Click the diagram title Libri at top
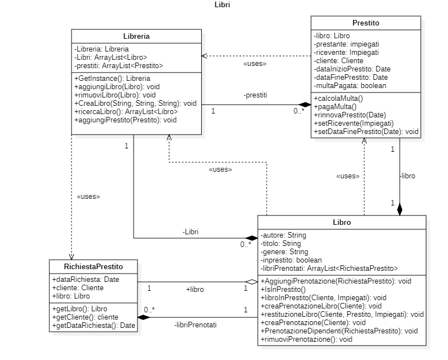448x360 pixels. tap(222, 5)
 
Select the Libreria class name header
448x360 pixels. tap(136, 37)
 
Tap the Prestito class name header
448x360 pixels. tap(365, 23)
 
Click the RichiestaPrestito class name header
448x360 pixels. tap(94, 266)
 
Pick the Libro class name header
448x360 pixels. tap(342, 223)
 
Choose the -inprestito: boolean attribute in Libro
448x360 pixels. tap(291, 260)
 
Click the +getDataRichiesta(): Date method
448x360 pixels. tap(93, 325)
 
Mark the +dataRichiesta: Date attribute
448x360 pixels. tap(77, 280)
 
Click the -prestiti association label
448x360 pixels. tap(255, 95)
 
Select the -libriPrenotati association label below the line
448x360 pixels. tap(195, 325)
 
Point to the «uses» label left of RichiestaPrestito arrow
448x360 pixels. tap(88, 196)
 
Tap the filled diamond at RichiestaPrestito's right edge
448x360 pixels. tap(144, 317)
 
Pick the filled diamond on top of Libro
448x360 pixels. tap(400, 209)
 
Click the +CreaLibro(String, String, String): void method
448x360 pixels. tap(135, 103)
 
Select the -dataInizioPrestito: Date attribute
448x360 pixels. tap(351, 69)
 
